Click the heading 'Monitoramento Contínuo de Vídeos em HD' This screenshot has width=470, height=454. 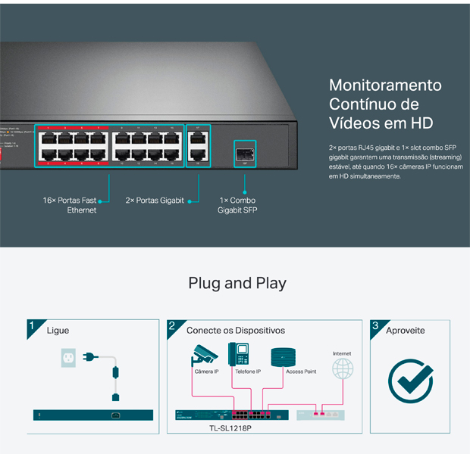click(385, 104)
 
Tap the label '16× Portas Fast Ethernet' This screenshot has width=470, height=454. click(70, 205)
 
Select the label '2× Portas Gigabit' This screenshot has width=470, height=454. click(155, 201)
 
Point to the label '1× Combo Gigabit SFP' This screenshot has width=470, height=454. click(238, 205)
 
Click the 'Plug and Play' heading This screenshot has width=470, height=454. click(237, 284)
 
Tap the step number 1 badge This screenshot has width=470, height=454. click(32, 326)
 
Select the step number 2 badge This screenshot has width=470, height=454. click(172, 326)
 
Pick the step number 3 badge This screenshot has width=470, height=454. click(375, 326)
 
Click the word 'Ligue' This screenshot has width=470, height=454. click(58, 331)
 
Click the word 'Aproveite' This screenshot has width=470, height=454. click(406, 331)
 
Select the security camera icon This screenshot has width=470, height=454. click(205, 354)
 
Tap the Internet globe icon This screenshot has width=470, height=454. click(343, 369)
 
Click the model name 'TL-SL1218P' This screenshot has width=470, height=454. click(230, 428)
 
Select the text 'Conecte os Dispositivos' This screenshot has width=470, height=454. click(236, 331)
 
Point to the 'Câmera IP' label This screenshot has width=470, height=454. click(206, 372)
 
